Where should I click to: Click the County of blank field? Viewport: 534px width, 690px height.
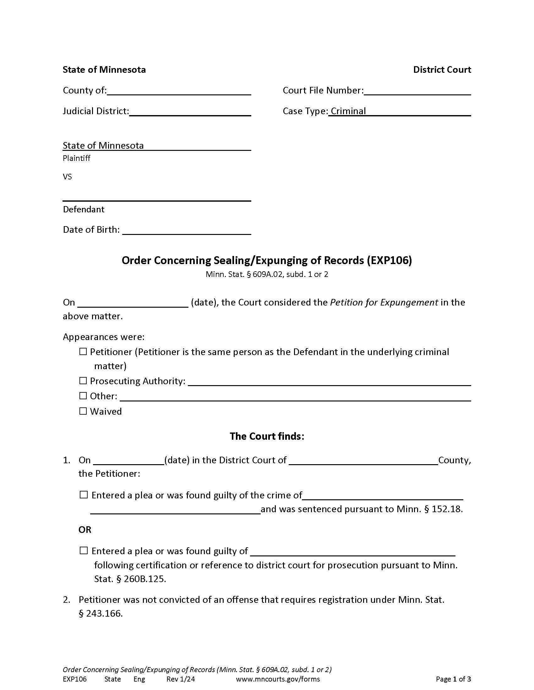[x=179, y=91]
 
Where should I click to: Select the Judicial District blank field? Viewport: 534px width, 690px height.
[x=190, y=112]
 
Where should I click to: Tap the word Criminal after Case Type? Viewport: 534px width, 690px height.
[x=348, y=111]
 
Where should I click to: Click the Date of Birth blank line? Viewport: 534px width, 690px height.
[x=187, y=230]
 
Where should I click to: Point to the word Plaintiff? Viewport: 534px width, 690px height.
[x=77, y=158]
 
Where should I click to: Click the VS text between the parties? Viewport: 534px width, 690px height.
[x=68, y=177]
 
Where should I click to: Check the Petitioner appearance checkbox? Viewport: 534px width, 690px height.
[x=83, y=352]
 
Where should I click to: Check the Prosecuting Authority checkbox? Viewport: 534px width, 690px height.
[x=83, y=381]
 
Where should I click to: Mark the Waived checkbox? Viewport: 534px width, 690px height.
[x=83, y=411]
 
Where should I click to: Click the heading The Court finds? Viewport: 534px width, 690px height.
[x=267, y=436]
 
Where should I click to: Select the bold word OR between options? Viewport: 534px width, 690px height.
[x=85, y=529]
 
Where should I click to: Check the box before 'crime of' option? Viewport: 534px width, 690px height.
[x=84, y=495]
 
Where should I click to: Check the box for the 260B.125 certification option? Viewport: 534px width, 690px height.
[x=84, y=551]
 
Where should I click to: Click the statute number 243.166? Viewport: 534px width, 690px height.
[x=104, y=613]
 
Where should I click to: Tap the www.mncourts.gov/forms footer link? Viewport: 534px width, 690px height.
[x=278, y=679]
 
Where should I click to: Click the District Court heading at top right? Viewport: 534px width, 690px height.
[x=442, y=70]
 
